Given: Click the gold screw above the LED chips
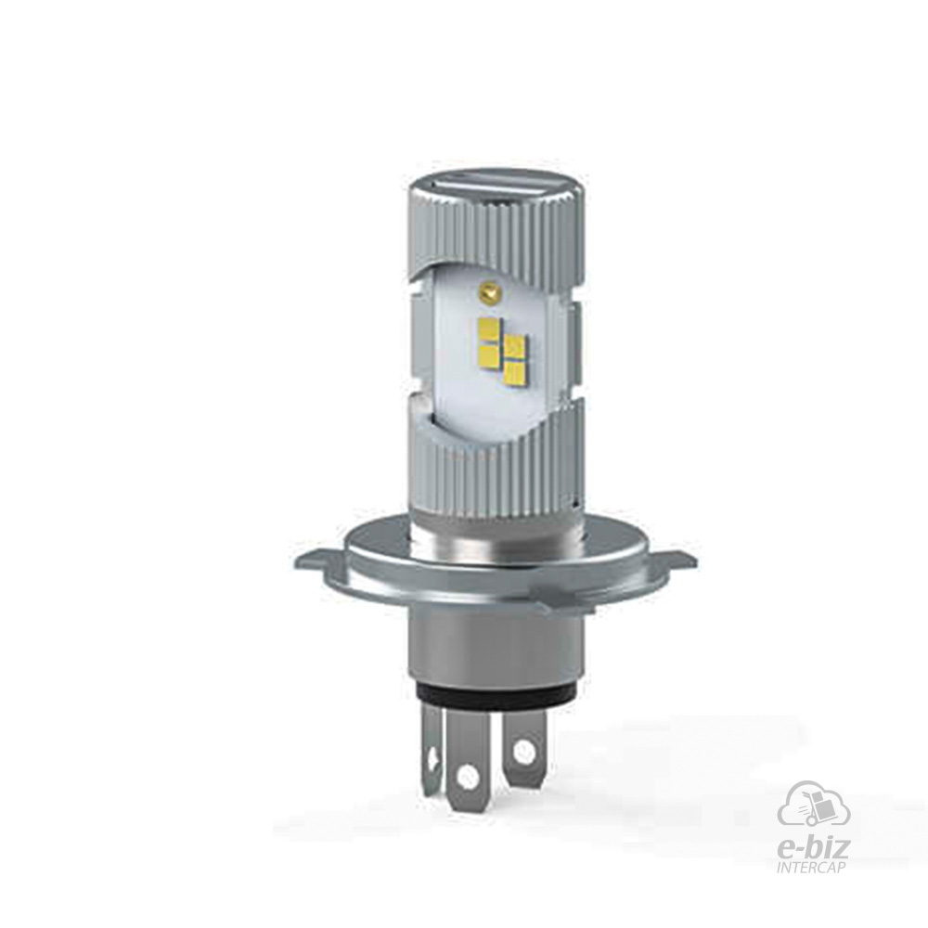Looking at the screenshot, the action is pyautogui.click(x=488, y=290).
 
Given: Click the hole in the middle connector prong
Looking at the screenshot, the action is pyautogui.click(x=468, y=774).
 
